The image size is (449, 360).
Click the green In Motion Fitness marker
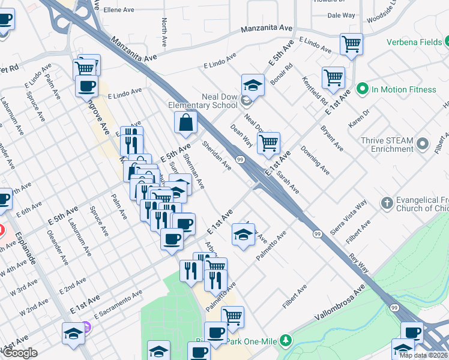pos(362,89)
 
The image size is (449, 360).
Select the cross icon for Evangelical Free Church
pos(387,203)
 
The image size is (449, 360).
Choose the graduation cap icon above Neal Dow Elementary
pos(253,85)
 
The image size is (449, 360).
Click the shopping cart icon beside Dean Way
pos(268,143)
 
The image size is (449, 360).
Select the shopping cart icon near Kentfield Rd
pos(333,77)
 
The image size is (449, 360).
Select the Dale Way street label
pos(341,16)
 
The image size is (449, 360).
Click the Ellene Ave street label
pos(119,10)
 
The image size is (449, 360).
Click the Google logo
pos(20,353)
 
